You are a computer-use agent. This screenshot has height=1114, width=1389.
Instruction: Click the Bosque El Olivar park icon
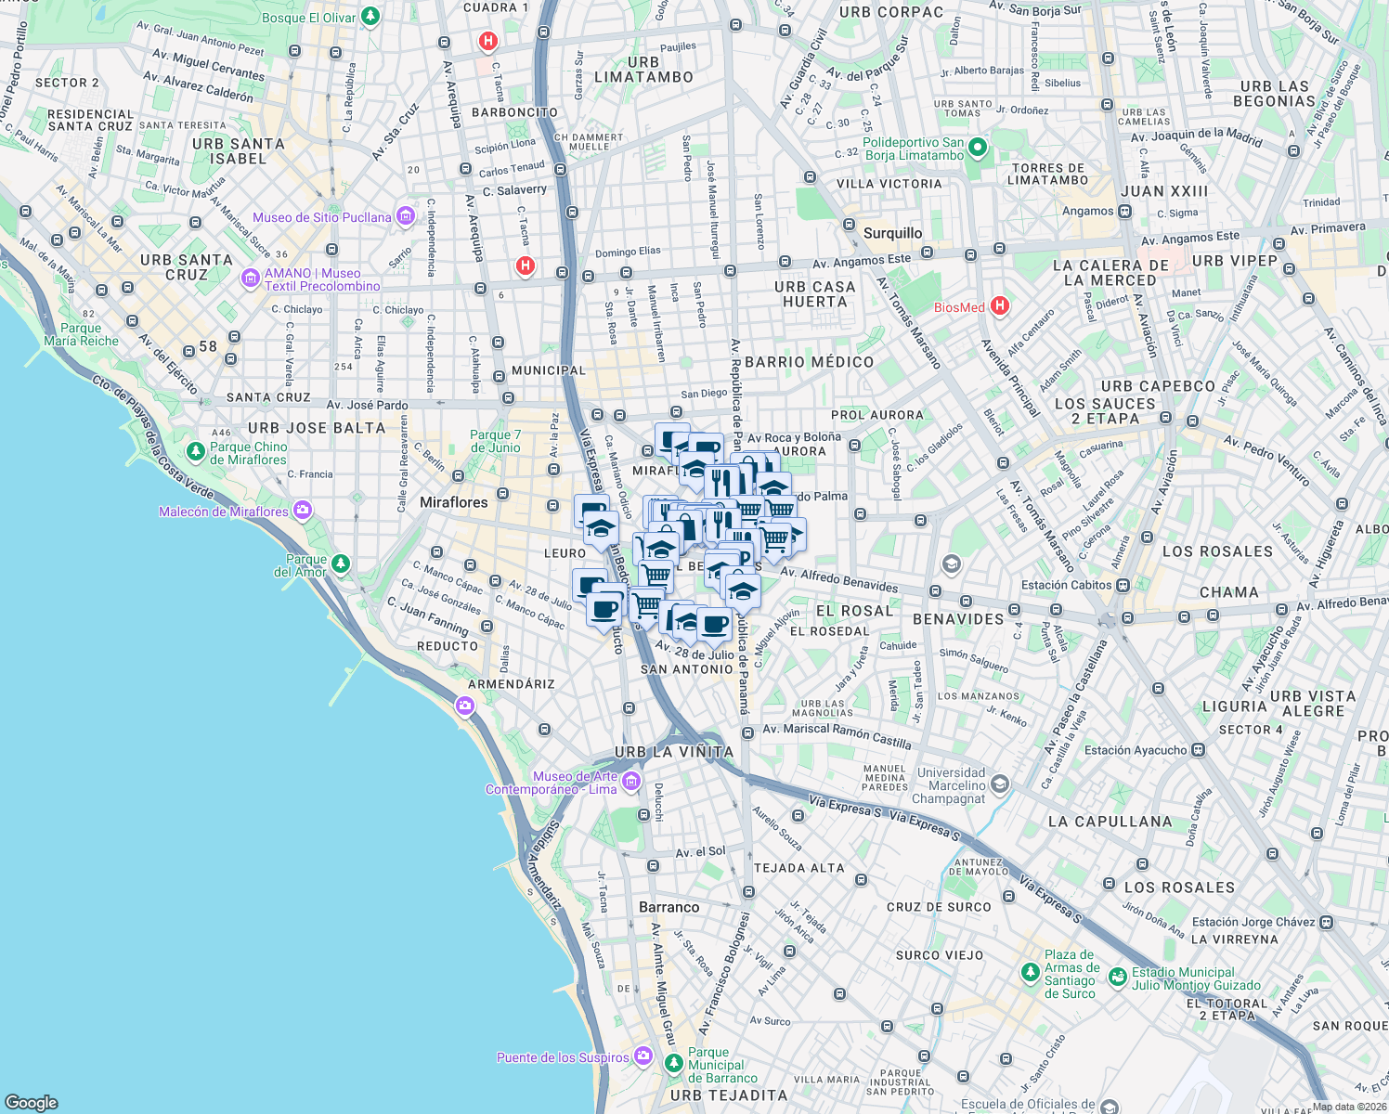370,17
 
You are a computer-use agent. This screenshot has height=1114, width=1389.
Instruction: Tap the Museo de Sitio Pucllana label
321,217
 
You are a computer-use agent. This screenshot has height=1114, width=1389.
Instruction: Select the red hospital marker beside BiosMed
1000,305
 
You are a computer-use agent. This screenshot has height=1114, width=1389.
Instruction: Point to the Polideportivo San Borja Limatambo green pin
977,148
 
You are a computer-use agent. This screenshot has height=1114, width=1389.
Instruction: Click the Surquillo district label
892,233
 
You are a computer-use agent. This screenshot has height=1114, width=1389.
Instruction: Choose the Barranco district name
669,907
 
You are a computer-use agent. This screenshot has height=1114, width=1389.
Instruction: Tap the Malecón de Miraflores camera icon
302,510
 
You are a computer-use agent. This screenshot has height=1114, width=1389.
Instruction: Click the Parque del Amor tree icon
341,563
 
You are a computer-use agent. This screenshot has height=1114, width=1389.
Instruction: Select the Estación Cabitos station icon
1123,585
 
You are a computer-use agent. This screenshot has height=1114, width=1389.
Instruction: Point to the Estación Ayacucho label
1135,750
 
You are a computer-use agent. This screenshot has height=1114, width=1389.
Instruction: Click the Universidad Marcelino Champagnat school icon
999,784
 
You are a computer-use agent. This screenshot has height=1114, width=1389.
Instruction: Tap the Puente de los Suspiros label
563,1057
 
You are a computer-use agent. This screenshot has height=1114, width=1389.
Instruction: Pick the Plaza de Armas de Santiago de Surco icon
1030,972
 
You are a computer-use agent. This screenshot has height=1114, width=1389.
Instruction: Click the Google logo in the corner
31,1102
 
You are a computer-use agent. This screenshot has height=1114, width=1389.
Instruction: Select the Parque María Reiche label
81,334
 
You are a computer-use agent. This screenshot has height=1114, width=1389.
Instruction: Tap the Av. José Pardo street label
367,405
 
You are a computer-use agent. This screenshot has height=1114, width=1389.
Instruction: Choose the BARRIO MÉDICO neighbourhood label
809,362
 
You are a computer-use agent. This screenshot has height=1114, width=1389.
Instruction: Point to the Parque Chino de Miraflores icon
195,452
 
